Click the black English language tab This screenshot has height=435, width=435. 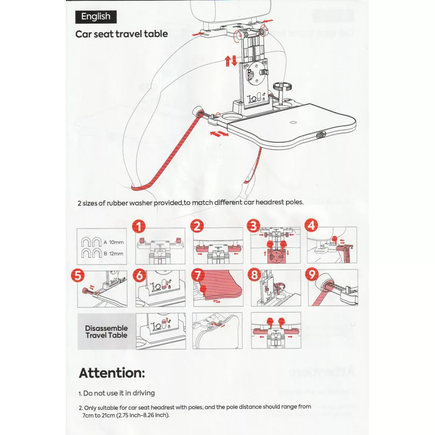[96, 17]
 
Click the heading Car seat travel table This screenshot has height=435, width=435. [121, 34]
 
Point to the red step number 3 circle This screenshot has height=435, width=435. [254, 226]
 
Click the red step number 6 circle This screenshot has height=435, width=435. [139, 275]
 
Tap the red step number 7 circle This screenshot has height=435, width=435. [196, 275]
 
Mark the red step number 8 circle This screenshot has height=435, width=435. [254, 275]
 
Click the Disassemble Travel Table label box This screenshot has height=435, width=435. [106, 331]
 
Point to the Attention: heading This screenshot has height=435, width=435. [112, 373]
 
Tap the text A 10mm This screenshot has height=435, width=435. [113, 243]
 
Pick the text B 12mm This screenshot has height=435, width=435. [113, 254]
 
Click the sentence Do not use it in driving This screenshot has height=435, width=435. [119, 393]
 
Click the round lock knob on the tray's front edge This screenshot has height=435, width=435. [320, 135]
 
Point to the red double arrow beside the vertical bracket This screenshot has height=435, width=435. [232, 61]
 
